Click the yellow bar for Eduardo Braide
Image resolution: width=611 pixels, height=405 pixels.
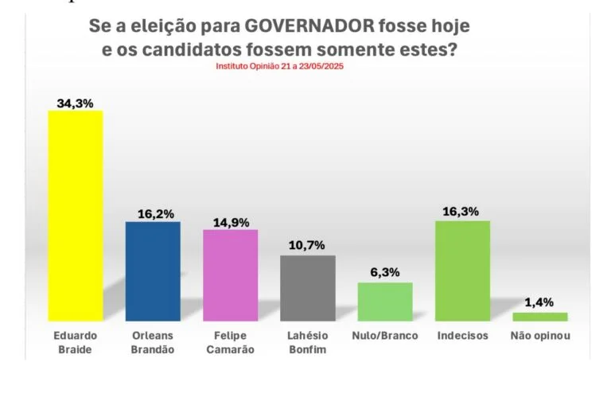click(x=76, y=215)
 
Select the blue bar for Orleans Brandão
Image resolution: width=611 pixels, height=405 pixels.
click(x=153, y=271)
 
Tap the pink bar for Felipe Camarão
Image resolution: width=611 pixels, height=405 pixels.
click(x=231, y=275)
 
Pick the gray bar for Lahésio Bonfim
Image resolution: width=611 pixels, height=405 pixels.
click(x=308, y=287)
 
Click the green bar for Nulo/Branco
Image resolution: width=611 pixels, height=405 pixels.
click(x=385, y=301)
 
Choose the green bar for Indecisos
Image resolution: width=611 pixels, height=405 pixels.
click(x=462, y=271)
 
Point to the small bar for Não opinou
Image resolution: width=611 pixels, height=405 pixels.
click(x=539, y=317)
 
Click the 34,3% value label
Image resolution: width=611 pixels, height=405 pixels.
click(x=76, y=103)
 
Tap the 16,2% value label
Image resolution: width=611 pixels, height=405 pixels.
click(x=154, y=214)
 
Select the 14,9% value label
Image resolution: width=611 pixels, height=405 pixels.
click(x=231, y=222)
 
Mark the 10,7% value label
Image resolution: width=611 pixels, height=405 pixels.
click(x=308, y=246)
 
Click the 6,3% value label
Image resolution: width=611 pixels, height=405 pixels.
click(x=385, y=273)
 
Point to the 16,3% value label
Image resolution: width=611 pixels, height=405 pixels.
click(x=462, y=212)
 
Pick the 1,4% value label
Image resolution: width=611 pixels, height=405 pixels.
click(x=539, y=302)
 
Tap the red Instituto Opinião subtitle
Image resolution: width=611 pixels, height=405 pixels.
click(x=279, y=66)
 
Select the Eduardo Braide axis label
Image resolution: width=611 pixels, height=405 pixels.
click(x=76, y=342)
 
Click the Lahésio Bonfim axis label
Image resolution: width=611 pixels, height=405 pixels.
click(x=308, y=342)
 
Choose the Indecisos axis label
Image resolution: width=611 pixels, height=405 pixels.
click(x=462, y=336)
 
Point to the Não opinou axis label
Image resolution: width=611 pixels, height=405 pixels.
click(x=539, y=336)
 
